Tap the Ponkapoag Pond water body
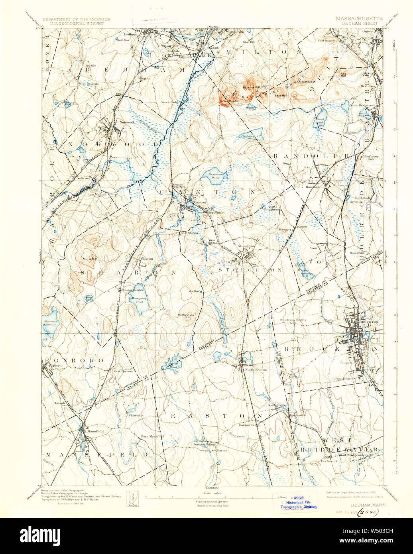click(x=252, y=135)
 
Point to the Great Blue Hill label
click(x=229, y=101)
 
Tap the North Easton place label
click(x=256, y=369)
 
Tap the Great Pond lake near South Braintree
click(x=321, y=116)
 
